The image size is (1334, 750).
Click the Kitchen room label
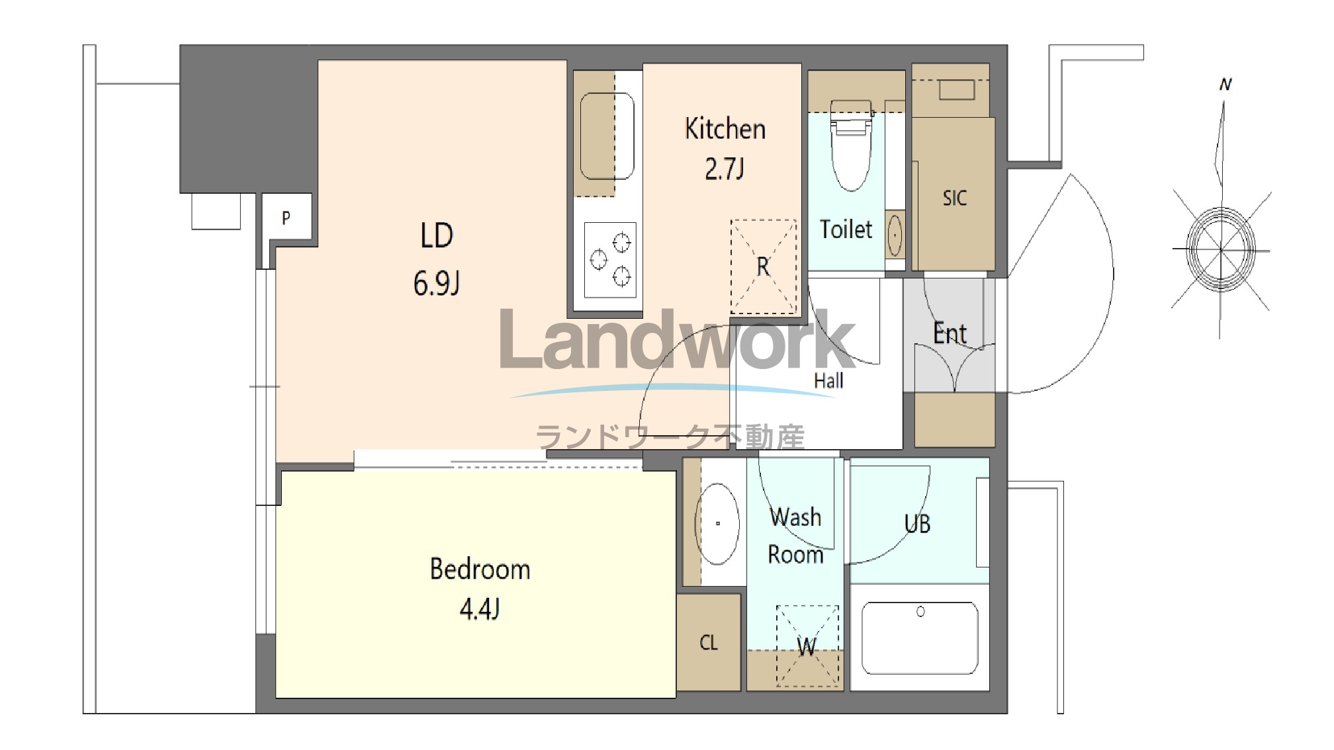tap(725, 129)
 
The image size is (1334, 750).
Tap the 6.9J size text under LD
tap(436, 284)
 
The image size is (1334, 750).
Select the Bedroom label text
tap(480, 569)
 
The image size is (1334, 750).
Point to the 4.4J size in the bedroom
tap(479, 608)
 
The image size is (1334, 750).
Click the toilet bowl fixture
tap(851, 146)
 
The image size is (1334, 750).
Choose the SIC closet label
tap(954, 198)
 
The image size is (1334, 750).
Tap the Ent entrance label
tap(950, 333)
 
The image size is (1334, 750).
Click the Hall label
tap(828, 380)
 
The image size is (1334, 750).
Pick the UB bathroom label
tap(917, 524)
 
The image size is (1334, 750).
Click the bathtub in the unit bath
tap(920, 638)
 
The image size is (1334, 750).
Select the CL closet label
tap(708, 642)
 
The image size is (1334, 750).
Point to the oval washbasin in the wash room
tap(717, 524)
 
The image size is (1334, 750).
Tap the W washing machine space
tap(807, 646)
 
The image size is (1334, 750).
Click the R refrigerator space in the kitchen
tap(763, 267)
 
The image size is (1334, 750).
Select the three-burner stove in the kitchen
tap(610, 260)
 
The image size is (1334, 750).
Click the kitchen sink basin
tap(607, 136)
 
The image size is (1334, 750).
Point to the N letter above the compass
tap(1225, 85)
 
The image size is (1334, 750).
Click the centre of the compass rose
tap(1221, 249)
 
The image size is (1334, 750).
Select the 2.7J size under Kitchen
tap(724, 169)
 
